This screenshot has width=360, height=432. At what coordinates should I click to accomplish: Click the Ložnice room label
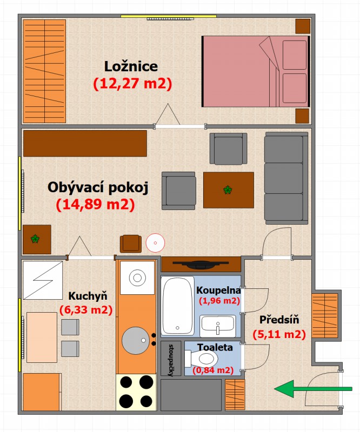[x=131, y=66]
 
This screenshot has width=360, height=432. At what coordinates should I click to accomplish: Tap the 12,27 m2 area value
[x=132, y=84]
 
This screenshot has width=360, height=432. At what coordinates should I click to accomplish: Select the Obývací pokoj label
[x=98, y=188]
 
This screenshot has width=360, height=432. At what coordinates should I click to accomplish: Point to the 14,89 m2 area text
[x=96, y=205]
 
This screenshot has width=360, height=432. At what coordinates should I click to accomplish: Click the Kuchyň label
[x=88, y=296]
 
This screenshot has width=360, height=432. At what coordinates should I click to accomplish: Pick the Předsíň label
[x=279, y=320]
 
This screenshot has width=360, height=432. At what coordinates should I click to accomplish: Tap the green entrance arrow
[x=313, y=389]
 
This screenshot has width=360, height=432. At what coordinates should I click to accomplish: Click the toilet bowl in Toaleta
[x=202, y=359]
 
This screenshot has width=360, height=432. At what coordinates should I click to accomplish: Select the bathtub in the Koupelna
[x=178, y=306]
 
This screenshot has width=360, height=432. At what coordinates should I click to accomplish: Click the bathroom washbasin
[x=218, y=326]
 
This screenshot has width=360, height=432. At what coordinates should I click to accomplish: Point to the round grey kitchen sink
[x=136, y=341]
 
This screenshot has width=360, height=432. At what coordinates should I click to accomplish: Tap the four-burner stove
[x=136, y=392]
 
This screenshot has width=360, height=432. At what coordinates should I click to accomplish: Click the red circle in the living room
[x=155, y=242]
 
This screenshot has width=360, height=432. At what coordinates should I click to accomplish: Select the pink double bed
[x=256, y=71]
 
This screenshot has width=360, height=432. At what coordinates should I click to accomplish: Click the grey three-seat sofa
[x=286, y=178]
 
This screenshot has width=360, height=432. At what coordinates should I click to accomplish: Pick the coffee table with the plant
[x=229, y=190]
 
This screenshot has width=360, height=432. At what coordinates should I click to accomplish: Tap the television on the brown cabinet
[x=201, y=264]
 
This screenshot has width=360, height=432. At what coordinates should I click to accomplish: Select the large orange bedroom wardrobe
[x=44, y=71]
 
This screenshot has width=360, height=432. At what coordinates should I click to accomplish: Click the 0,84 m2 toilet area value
[x=213, y=370]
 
